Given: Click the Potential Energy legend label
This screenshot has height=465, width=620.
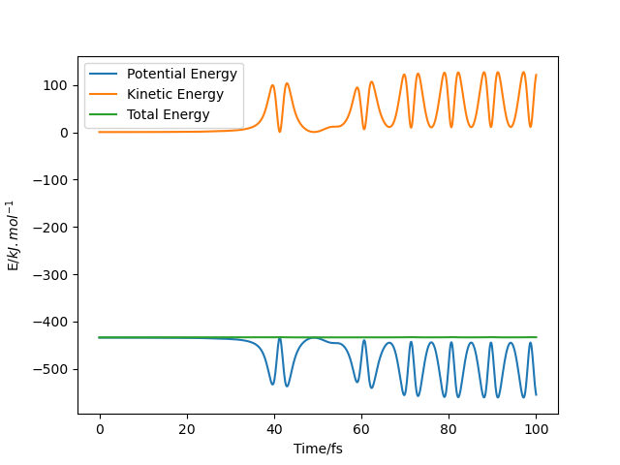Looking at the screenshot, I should [x=182, y=75].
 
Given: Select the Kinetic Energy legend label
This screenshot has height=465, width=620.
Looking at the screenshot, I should [x=174, y=94].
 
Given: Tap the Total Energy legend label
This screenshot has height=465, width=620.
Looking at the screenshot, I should [x=168, y=114].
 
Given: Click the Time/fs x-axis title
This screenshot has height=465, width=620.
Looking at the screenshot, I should [x=318, y=449].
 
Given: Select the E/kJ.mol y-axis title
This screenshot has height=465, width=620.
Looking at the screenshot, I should [x=15, y=235].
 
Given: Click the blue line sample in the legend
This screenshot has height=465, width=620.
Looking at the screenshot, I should [x=106, y=75].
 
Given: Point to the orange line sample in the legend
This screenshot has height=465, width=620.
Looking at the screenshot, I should [x=106, y=94].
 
